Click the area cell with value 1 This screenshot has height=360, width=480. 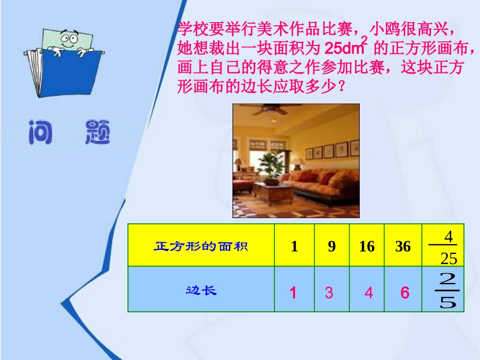click(x=294, y=246)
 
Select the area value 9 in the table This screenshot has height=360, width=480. click(x=331, y=246)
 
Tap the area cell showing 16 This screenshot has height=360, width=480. click(x=367, y=246)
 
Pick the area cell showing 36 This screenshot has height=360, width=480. click(x=403, y=246)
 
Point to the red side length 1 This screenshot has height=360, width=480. click(x=293, y=293)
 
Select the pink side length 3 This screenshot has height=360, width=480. click(x=329, y=293)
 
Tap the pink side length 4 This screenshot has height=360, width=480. click(x=369, y=293)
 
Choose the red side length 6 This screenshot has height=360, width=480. click(x=405, y=293)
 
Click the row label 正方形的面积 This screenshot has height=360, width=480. click(x=201, y=247)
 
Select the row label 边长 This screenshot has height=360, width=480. click(x=201, y=291)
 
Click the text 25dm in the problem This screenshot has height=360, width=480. click(x=342, y=49)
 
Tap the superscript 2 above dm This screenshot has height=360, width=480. click(x=364, y=40)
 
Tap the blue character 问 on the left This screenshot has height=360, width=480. click(x=40, y=132)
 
